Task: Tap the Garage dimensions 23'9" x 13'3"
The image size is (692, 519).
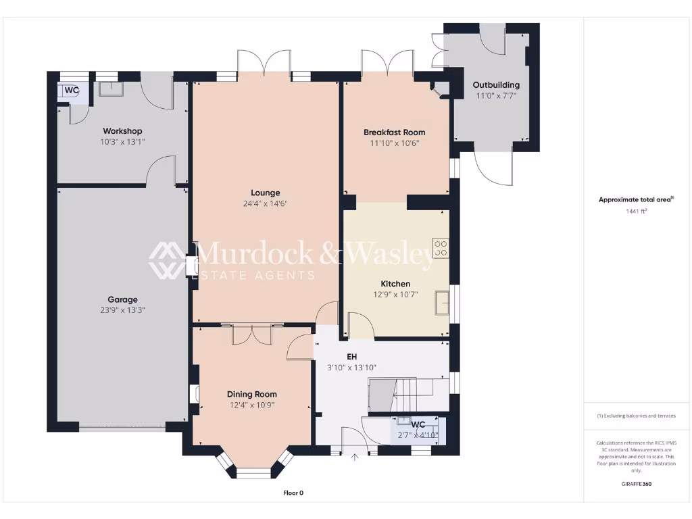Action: (122, 310)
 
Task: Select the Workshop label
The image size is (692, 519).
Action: (122, 130)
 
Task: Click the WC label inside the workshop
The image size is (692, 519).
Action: (72, 90)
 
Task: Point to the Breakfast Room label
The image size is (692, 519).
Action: (394, 132)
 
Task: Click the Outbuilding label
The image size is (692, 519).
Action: (496, 84)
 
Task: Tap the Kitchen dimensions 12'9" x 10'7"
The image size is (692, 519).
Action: (395, 295)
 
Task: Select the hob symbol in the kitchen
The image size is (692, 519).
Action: (441, 248)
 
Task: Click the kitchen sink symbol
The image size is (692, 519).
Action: (443, 301)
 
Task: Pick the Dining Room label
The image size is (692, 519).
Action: (251, 394)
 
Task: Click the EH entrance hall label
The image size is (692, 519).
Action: (351, 356)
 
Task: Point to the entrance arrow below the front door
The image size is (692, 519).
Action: (355, 458)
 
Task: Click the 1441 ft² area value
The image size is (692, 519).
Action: (636, 212)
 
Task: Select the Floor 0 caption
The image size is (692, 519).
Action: (293, 493)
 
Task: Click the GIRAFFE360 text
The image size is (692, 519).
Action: (636, 484)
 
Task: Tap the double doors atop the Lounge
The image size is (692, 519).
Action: (264, 63)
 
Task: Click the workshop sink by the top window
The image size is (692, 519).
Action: (108, 89)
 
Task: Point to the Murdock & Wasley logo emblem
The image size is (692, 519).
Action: (167, 259)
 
